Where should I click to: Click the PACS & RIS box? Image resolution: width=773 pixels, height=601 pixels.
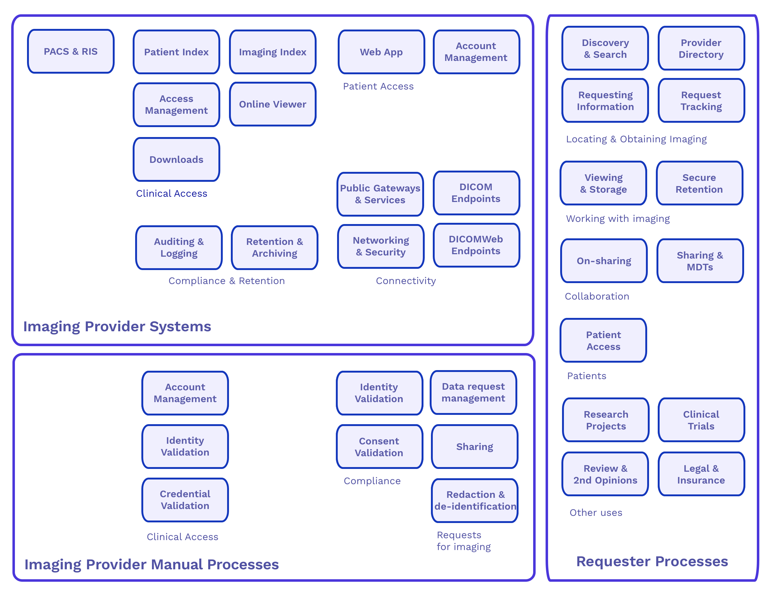pos(71,52)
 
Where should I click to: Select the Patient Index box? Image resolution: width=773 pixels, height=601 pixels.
pos(176,52)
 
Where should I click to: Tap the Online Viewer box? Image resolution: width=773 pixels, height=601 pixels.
pos(272,104)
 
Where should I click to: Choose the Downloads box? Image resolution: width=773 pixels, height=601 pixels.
pos(176,160)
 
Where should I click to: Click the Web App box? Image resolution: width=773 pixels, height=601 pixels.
pos(381,52)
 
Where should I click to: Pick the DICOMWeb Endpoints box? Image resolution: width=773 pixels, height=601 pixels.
pos(476,245)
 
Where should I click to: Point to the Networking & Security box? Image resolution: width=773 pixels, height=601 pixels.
pos(381,246)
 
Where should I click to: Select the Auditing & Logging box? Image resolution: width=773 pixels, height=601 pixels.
pos(179,247)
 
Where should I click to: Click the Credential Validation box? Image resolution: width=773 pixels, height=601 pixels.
pos(185,500)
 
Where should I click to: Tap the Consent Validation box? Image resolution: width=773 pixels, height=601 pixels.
pos(379,447)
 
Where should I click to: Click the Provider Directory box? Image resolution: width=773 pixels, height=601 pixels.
pos(701,48)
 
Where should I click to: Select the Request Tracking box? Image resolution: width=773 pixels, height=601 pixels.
pos(701,101)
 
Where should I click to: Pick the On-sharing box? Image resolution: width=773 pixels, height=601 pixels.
pos(604,261)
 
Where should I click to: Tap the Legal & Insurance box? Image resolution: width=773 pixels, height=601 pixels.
pos(701,474)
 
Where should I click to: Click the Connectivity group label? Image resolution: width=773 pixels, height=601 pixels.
pos(406,281)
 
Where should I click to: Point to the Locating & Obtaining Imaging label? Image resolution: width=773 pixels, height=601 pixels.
pos(636,139)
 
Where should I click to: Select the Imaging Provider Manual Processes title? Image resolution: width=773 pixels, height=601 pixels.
pos(152,564)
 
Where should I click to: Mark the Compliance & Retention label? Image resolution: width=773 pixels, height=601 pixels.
pos(226,281)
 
